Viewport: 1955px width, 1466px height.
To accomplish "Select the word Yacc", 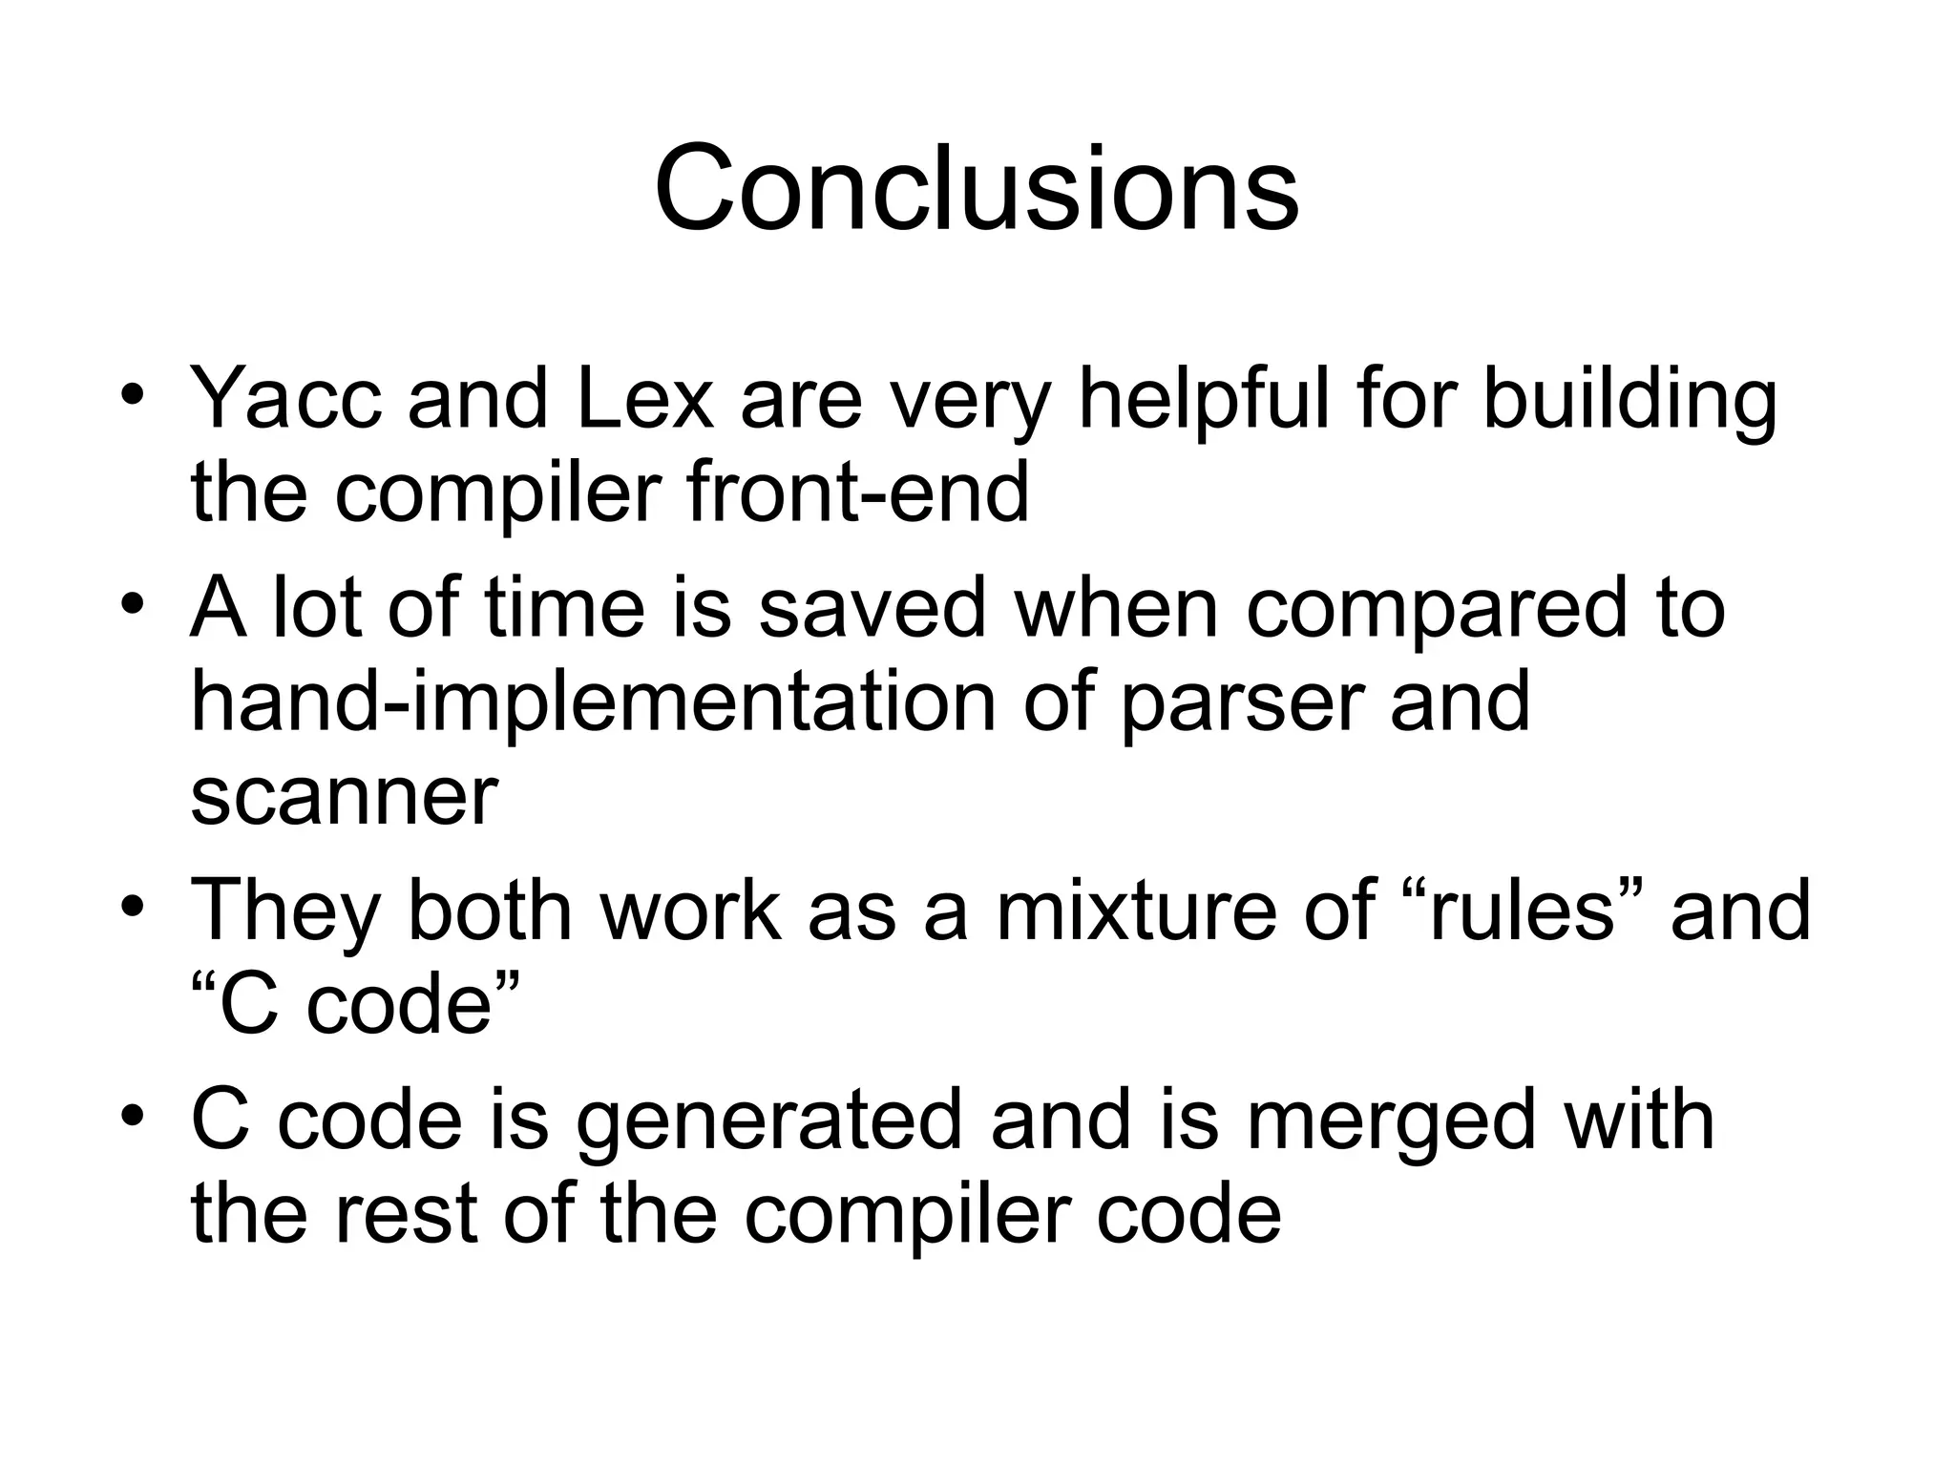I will point(285,399).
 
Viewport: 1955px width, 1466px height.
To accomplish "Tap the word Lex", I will point(644,399).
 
